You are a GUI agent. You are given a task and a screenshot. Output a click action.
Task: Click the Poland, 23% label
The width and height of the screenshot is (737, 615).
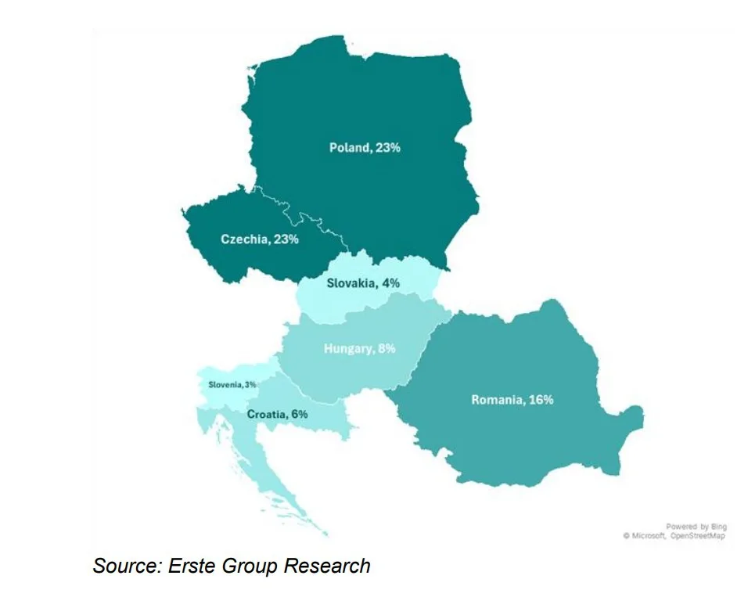coord(365,147)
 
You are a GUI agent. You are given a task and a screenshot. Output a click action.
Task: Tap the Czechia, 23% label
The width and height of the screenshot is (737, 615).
coord(259,239)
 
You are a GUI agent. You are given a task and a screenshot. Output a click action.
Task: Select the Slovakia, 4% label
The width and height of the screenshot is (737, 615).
coord(362,283)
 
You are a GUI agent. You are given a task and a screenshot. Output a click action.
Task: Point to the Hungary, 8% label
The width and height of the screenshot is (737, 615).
coord(359,349)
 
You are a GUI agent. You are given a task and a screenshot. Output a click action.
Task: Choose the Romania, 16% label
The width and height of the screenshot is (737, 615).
coord(512,400)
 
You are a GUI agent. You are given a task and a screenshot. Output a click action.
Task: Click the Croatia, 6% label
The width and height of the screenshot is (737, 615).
coord(277,414)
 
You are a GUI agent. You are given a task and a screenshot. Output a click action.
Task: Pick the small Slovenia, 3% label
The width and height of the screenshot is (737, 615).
coord(232,384)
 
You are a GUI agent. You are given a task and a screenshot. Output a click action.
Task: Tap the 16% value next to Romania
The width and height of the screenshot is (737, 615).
coord(541,400)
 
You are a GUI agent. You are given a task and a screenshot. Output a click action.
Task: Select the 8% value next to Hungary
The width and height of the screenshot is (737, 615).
coord(386,349)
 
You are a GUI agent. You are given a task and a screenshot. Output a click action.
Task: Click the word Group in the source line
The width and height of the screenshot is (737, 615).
coord(250,566)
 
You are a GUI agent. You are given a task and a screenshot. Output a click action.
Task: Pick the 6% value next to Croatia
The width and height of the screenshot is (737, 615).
coord(298,414)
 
